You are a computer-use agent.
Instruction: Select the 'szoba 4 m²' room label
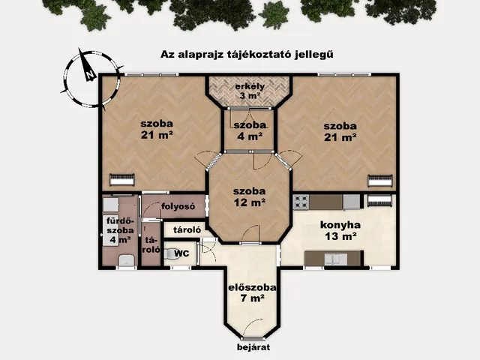pyautogui.click(x=248, y=130)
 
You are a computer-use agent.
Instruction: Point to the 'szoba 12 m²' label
pyautogui.click(x=248, y=196)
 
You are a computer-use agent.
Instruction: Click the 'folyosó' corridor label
pyautogui.click(x=178, y=206)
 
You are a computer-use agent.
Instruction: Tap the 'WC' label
pyautogui.click(x=181, y=253)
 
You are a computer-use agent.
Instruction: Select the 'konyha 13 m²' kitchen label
pyautogui.click(x=340, y=229)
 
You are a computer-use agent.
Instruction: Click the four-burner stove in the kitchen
pyautogui.click(x=301, y=201)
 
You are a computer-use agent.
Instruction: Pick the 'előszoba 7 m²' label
pyautogui.click(x=252, y=292)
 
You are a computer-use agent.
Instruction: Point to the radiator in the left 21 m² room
pyautogui.click(x=121, y=179)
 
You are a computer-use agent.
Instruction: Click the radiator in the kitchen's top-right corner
pyautogui.click(x=379, y=200)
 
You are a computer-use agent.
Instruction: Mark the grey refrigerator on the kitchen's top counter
pyautogui.click(x=351, y=201)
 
